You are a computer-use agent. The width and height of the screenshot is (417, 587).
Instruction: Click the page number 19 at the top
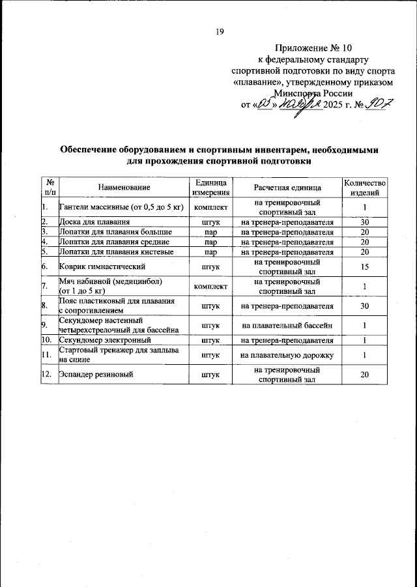(x=219, y=31)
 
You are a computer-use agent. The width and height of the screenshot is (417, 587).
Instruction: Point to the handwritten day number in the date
(x=264, y=104)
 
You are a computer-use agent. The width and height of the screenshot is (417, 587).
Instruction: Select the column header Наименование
(x=124, y=188)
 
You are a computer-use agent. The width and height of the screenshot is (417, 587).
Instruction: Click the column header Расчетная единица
(x=288, y=188)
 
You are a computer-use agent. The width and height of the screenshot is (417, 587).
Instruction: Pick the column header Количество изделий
(x=366, y=188)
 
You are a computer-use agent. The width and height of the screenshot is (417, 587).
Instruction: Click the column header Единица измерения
(x=211, y=188)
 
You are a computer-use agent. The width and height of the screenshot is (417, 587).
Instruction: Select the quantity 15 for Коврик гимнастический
(x=366, y=266)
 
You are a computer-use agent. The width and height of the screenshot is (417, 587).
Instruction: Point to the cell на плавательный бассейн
(x=288, y=324)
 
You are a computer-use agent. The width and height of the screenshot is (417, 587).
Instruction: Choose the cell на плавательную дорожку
(x=288, y=355)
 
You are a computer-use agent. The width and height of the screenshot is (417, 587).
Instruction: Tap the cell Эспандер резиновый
(x=96, y=375)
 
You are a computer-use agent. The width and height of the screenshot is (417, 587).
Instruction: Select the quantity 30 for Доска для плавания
(x=366, y=222)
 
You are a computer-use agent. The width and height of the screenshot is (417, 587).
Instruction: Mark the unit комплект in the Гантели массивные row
(x=211, y=208)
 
